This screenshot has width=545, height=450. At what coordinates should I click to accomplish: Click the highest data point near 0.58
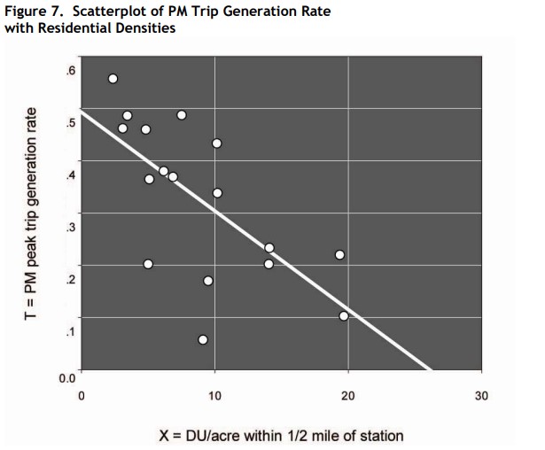(x=113, y=78)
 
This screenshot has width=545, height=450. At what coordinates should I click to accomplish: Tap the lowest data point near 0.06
(x=203, y=339)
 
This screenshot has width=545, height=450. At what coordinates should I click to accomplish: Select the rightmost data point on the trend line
(x=344, y=315)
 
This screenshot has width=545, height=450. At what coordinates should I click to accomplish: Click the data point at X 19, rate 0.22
(x=339, y=254)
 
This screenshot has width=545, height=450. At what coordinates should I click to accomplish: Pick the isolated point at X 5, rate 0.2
(x=148, y=264)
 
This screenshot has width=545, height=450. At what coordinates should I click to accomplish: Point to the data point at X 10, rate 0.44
(x=216, y=143)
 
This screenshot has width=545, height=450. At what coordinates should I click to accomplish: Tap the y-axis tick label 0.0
(x=67, y=378)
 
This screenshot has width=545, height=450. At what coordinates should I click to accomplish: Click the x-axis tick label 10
(x=214, y=394)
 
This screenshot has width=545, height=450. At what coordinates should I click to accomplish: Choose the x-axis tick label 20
(x=347, y=394)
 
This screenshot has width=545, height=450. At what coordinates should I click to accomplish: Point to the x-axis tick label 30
(x=480, y=394)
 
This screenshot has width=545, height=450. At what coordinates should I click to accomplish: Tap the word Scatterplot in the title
(x=109, y=12)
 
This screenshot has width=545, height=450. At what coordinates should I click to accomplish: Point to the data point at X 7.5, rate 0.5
(x=182, y=115)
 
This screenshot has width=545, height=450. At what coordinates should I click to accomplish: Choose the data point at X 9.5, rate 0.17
(x=208, y=280)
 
